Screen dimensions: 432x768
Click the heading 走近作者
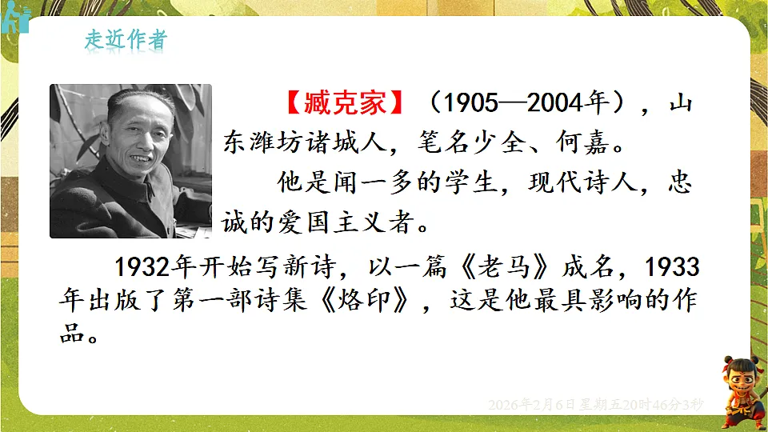(126, 41)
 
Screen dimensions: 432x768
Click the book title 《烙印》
(377, 301)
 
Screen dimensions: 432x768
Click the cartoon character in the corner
(743, 390)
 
